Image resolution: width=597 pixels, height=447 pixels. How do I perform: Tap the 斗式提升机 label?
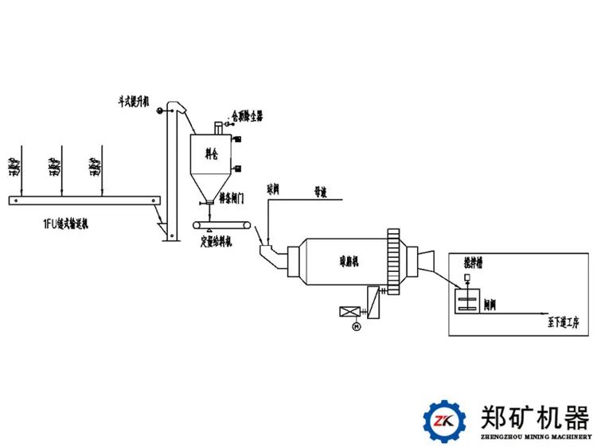(x=132, y=101)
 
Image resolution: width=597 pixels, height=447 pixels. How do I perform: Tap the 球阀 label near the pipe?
(x=274, y=189)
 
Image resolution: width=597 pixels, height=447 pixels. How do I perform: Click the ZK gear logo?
(x=447, y=420)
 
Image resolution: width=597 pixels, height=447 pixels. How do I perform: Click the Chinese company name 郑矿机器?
(x=535, y=416)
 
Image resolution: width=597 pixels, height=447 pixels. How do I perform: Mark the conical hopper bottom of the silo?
(x=210, y=184)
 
